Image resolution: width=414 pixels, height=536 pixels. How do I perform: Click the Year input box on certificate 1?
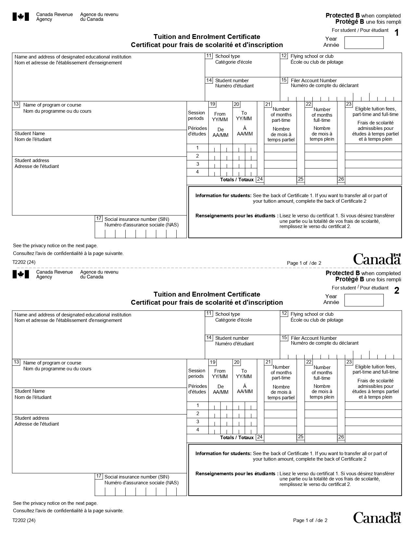click(364, 43)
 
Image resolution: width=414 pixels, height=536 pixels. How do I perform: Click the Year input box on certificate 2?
click(364, 300)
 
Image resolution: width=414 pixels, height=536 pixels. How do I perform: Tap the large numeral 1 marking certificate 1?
click(396, 33)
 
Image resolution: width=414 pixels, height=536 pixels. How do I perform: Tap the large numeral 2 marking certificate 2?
click(396, 291)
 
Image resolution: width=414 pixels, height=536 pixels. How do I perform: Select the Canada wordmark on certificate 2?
click(377, 517)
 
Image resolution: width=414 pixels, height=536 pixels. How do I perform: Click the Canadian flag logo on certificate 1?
click(21, 17)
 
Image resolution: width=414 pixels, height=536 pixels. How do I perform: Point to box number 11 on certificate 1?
click(209, 56)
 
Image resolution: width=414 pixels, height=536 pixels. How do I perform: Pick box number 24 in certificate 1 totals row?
click(260, 179)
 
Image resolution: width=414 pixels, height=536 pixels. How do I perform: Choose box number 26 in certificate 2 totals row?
click(341, 437)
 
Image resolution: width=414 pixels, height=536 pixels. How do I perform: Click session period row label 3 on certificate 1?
click(197, 164)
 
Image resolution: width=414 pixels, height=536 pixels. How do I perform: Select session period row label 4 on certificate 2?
click(197, 430)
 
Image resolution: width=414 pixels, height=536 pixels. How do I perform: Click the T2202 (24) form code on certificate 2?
click(24, 520)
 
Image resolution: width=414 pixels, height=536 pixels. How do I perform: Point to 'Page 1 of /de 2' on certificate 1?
click(304, 263)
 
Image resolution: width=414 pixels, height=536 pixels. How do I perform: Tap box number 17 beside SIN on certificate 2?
click(99, 476)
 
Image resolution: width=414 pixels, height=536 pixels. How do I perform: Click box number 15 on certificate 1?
click(284, 80)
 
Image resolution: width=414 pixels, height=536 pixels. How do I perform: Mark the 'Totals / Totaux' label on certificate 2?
click(237, 437)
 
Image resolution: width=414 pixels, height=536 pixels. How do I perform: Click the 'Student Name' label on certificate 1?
click(30, 134)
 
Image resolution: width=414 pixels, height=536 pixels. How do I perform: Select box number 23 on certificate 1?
click(349, 104)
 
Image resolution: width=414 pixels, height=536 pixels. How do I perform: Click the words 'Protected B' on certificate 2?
click(343, 273)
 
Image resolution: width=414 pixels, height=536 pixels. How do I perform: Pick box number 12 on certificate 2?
click(284, 313)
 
